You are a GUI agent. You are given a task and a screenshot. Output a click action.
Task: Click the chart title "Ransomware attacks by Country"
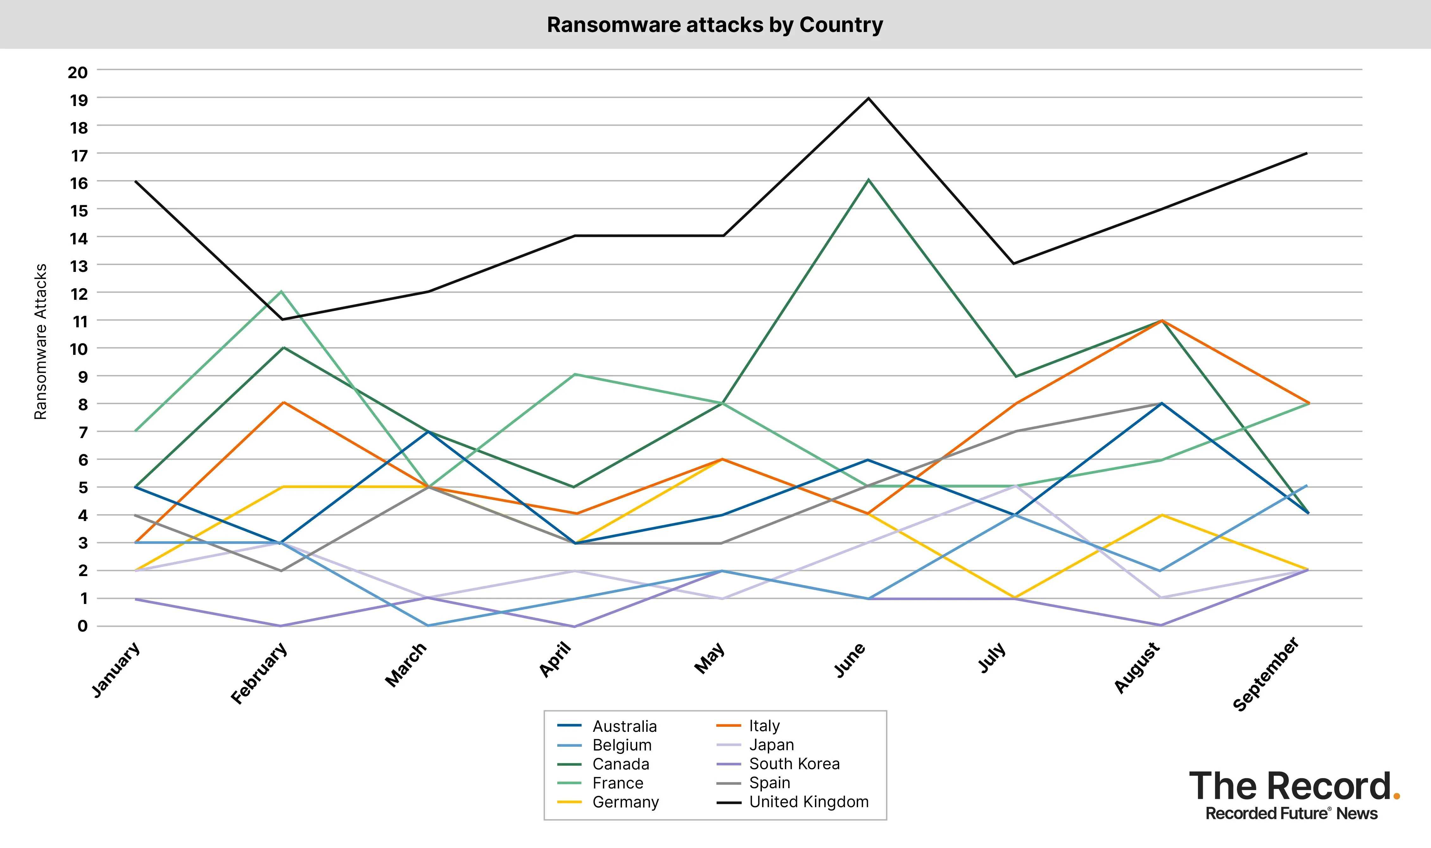[x=715, y=25]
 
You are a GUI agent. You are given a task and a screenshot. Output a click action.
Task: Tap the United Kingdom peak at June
[x=868, y=98]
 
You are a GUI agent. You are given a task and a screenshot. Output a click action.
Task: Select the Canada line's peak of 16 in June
[x=868, y=180]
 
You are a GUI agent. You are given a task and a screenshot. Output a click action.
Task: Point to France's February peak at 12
[x=281, y=292]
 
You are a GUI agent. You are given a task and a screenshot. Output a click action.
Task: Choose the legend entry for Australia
[x=624, y=726]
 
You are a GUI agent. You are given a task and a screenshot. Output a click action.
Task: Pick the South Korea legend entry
[x=794, y=764]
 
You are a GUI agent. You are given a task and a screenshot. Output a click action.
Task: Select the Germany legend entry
[x=625, y=802]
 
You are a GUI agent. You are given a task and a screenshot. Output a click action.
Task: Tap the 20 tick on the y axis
[x=78, y=72]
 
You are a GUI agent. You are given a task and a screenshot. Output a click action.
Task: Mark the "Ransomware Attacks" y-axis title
[x=41, y=342]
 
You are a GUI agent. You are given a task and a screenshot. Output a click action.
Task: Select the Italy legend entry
[x=764, y=726]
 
